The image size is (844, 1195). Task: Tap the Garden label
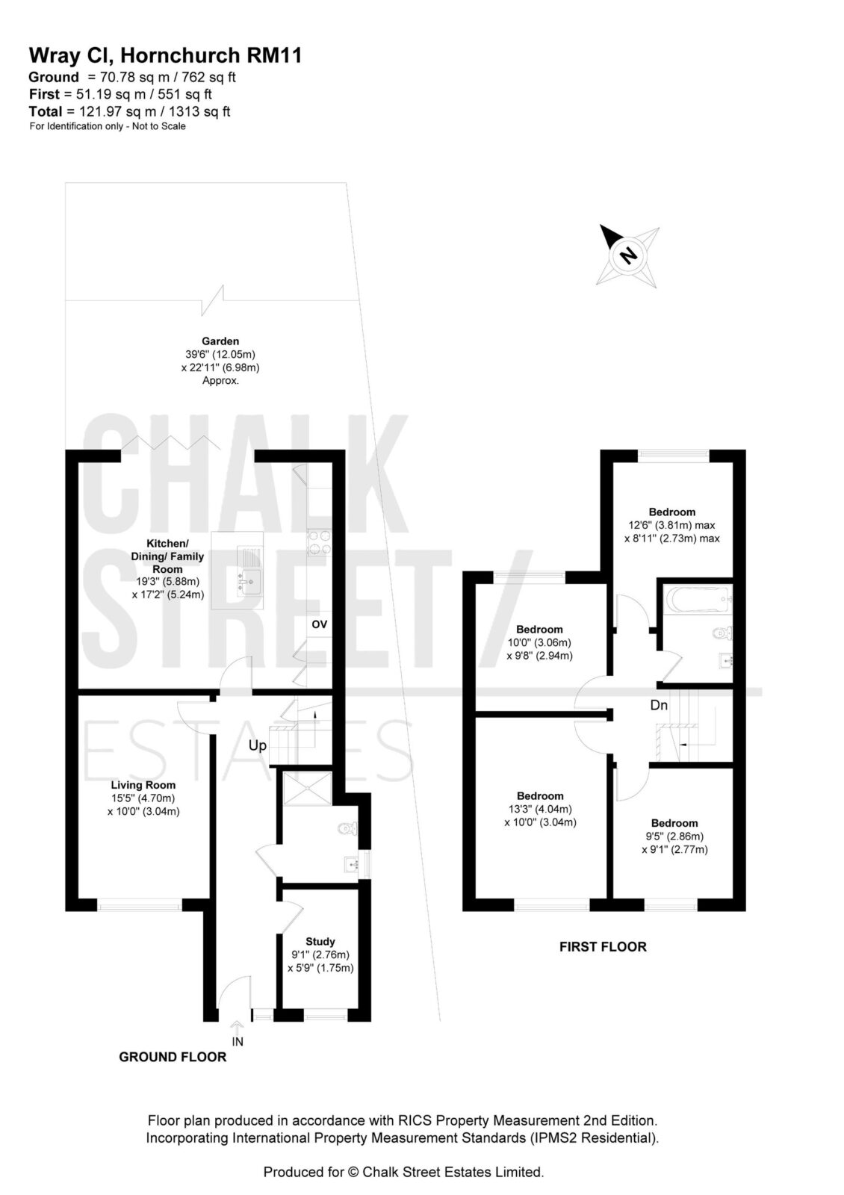[x=220, y=341]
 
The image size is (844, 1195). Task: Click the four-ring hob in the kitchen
[x=319, y=541]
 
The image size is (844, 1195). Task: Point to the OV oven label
[x=319, y=624]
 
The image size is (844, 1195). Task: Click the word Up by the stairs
[x=257, y=745]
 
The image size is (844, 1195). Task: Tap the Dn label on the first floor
[x=659, y=705]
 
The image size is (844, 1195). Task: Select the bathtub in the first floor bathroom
[x=699, y=599]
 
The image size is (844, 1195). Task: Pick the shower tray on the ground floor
[x=307, y=788]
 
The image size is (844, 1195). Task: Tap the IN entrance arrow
[x=237, y=1027]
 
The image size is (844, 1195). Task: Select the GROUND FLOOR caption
[x=173, y=1057]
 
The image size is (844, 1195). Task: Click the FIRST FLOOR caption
[x=603, y=947]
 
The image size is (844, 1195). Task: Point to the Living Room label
[x=143, y=785]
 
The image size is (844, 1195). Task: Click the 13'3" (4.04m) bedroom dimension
[x=541, y=810]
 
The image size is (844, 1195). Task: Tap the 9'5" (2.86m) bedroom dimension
[x=674, y=836]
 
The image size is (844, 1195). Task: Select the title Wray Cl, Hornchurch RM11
[x=165, y=55]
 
